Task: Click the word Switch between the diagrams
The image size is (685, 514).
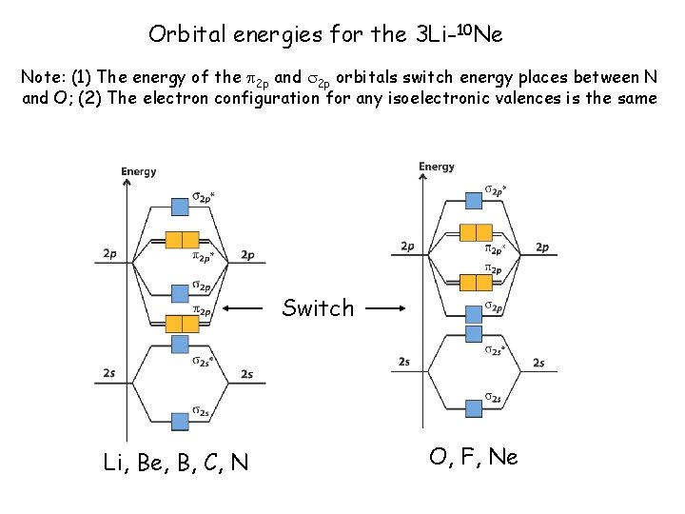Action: point(318,308)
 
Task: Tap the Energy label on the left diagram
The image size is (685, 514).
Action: point(139,171)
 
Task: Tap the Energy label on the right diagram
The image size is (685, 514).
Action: point(437,167)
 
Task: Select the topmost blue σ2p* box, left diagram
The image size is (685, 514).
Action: point(180,207)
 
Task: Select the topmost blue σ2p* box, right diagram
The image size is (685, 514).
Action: point(475,201)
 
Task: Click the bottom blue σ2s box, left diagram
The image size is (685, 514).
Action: point(180,421)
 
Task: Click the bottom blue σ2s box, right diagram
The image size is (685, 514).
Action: point(475,408)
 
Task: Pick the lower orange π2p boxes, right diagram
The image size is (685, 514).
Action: point(475,282)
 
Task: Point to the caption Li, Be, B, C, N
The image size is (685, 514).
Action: point(176,464)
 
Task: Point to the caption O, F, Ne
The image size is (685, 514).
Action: point(473,457)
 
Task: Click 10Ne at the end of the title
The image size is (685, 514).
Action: point(480,35)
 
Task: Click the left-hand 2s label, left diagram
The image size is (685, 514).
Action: point(110,374)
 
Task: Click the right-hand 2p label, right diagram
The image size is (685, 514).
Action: point(541,247)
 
